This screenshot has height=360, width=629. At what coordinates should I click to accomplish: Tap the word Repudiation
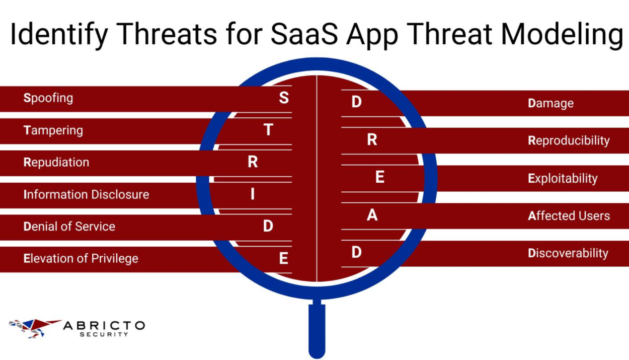point(56,162)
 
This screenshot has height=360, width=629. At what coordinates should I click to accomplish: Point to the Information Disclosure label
point(86,194)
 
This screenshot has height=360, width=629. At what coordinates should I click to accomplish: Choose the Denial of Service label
point(69,227)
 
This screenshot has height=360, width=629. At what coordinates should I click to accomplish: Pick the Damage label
point(551,104)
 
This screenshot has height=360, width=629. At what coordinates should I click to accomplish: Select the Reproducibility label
point(569,141)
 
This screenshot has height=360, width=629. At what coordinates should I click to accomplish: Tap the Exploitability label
point(563,179)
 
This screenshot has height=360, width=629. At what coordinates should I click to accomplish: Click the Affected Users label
point(569,216)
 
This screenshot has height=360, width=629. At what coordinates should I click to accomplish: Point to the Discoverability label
point(568,253)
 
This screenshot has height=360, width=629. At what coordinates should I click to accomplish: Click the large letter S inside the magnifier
point(284,98)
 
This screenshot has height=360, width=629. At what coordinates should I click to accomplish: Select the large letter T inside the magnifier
point(268,130)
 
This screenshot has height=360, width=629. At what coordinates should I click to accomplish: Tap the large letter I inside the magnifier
point(253,194)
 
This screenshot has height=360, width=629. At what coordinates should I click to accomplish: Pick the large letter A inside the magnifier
point(372,215)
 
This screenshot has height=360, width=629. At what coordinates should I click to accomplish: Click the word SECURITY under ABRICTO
point(104,334)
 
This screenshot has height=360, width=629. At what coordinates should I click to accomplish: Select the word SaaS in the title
point(304,34)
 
